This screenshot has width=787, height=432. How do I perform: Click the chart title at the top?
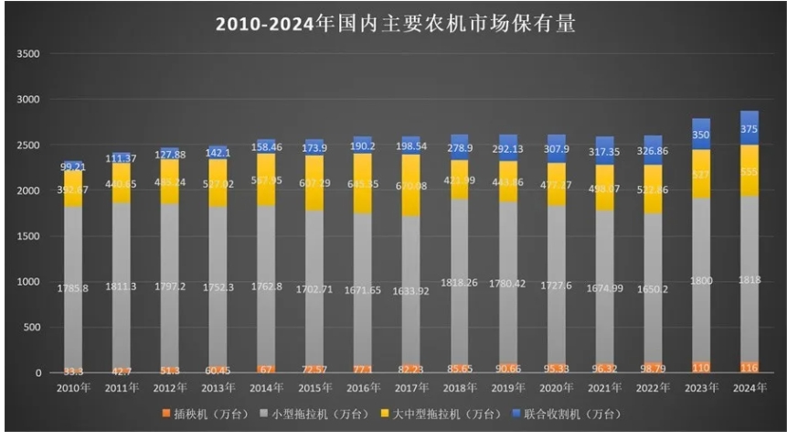(395, 23)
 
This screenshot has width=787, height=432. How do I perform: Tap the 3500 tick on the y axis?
(29, 54)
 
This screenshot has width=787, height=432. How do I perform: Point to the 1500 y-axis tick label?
(29, 236)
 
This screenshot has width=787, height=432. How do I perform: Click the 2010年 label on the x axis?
(73, 389)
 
